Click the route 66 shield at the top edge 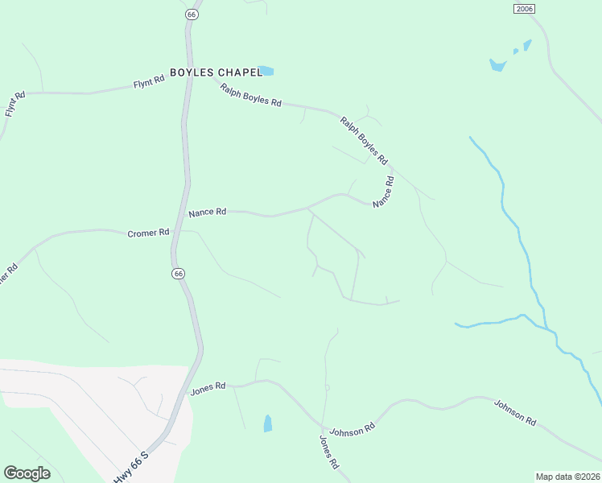[x=191, y=14]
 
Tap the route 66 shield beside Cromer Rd [x=179, y=274]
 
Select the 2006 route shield [x=524, y=8]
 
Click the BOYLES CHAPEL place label [x=216, y=72]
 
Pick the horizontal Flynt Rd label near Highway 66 [x=149, y=81]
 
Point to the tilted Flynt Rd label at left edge [x=15, y=105]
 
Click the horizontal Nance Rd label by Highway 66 [x=207, y=213]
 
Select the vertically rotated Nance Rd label [x=384, y=192]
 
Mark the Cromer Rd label [x=148, y=233]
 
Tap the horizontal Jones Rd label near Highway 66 [x=208, y=388]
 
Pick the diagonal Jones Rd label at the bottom [x=329, y=452]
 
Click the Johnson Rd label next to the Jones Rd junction [x=353, y=429]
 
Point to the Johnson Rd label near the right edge [x=515, y=412]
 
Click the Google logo [x=27, y=473]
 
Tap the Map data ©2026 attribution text [x=568, y=477]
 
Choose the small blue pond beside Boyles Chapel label [x=266, y=71]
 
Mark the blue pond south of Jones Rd [x=267, y=423]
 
